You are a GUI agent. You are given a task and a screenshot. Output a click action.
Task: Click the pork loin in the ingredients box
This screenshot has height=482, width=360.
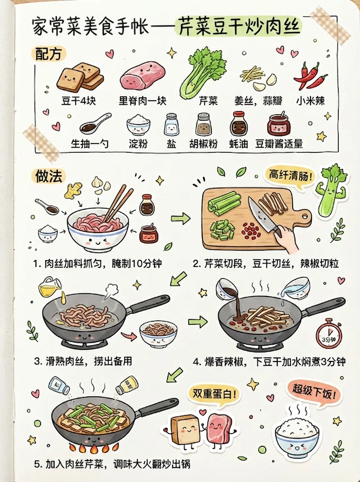click(x=143, y=76)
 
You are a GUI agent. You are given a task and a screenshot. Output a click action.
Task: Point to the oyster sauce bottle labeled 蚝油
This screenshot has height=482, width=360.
click(x=238, y=124)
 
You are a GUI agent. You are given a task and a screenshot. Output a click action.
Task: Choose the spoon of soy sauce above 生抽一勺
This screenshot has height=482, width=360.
click(x=95, y=124)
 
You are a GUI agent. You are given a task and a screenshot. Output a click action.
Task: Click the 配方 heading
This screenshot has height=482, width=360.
click(x=48, y=53)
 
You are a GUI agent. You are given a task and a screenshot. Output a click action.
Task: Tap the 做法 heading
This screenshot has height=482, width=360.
click(x=49, y=176)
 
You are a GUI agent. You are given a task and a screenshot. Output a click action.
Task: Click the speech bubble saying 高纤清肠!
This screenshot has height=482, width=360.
click(x=288, y=175)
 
